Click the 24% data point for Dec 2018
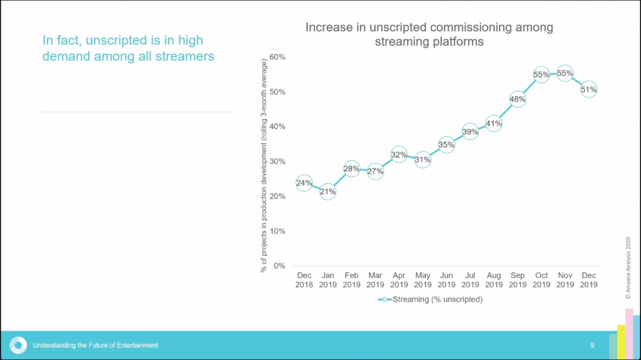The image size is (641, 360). (x=304, y=183)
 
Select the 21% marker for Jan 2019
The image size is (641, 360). (x=328, y=192)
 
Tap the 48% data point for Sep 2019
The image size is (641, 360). (x=518, y=99)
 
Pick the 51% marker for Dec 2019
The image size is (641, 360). (x=588, y=90)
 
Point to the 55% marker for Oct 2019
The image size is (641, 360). (x=541, y=75)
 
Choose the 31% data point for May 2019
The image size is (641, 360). (x=423, y=160)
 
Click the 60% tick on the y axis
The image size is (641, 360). (x=277, y=57)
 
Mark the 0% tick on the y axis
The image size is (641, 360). (x=279, y=265)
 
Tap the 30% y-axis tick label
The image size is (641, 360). (x=277, y=162)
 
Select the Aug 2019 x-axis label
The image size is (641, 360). (x=494, y=280)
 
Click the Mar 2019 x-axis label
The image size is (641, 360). (x=376, y=280)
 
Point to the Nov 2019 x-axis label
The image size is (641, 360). (x=565, y=280)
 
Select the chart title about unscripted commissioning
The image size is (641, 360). (x=429, y=34)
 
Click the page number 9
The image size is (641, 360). (x=592, y=345)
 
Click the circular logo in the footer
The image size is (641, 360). (x=19, y=345)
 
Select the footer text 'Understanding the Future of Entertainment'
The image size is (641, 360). (x=95, y=345)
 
